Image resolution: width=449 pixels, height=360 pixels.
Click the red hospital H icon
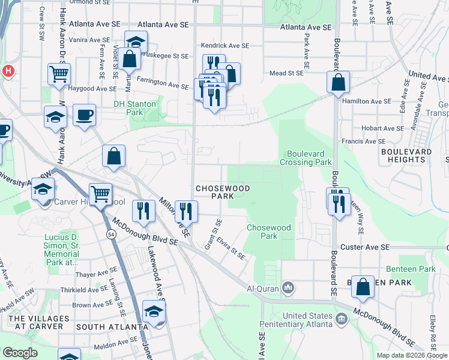8,71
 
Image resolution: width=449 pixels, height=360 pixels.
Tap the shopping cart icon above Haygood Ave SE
59,74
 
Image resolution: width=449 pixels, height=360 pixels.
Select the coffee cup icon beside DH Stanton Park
84,114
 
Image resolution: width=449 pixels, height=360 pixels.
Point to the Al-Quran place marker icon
289,289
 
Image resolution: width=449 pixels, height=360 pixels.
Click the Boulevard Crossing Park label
309,158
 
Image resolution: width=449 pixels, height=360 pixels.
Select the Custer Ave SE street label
365,247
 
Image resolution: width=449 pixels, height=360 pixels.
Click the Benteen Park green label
411,269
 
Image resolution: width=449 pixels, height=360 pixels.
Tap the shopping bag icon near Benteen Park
363,287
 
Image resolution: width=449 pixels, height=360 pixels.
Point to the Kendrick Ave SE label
224,46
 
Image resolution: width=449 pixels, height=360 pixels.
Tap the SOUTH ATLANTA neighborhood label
112,327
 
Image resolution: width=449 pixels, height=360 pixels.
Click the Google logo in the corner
20,353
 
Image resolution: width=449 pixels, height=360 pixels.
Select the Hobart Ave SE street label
383,128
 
